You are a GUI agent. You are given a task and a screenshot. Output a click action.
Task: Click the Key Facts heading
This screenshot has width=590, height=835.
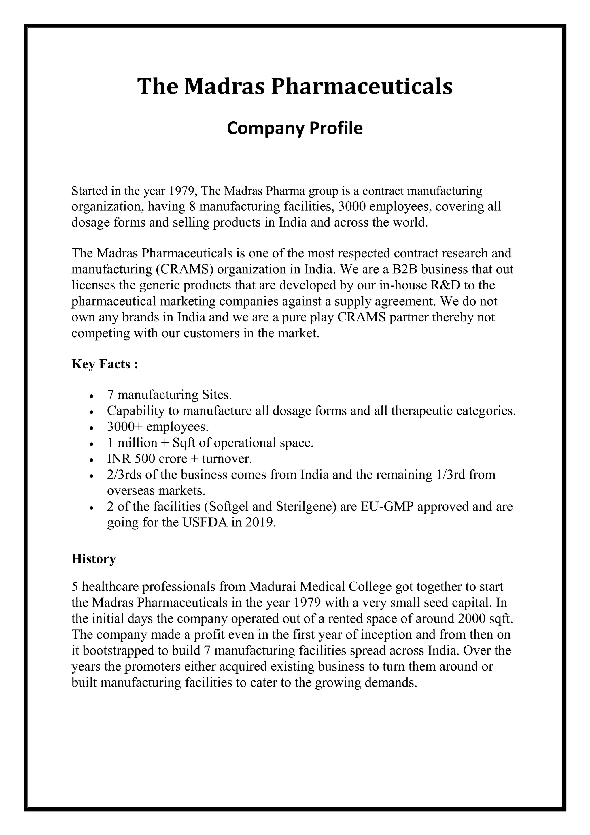click(x=105, y=364)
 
